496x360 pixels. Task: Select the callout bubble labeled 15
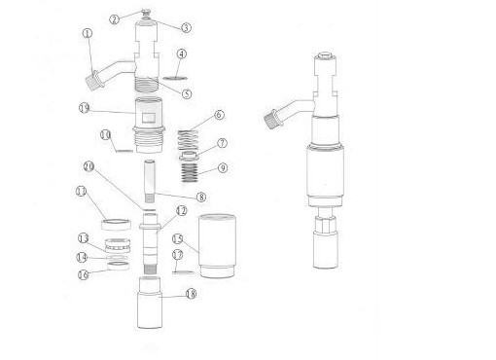tap(177, 238)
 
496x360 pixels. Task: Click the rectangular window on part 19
tap(150, 119)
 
